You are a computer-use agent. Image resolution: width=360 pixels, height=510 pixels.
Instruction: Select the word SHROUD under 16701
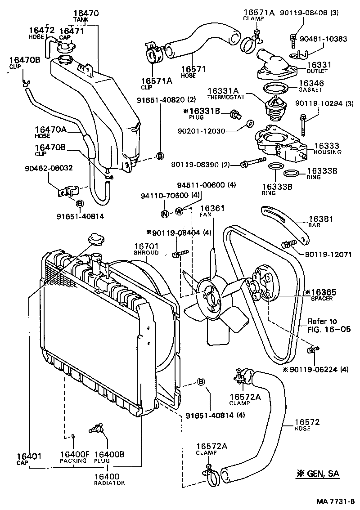[x=146, y=253]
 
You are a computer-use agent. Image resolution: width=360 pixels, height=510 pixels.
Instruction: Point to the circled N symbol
[x=165, y=213]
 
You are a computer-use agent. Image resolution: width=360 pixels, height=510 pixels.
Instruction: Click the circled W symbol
[x=179, y=211]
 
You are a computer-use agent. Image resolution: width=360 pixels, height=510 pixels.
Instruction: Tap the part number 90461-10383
[x=324, y=39]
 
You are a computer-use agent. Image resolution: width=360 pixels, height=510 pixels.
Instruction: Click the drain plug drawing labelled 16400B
[x=96, y=428]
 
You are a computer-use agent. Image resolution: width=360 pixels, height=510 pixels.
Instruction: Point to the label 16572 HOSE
[x=307, y=425]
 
